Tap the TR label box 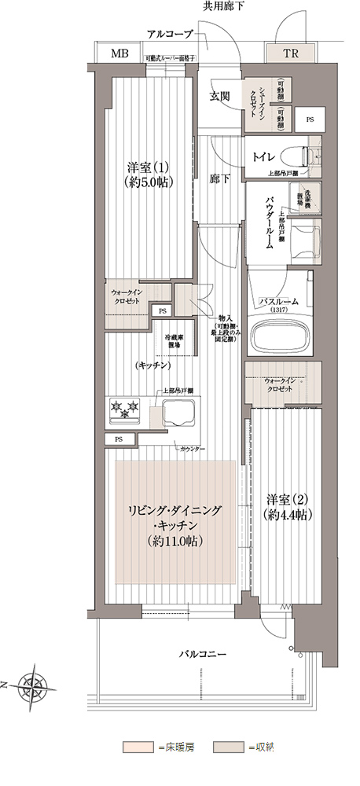[290, 54]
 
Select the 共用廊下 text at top [224, 6]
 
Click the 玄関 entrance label [219, 97]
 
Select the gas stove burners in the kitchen [125, 408]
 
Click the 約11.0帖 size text [175, 542]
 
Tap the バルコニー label [203, 654]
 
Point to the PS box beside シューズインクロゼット [309, 119]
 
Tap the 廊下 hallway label [219, 179]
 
